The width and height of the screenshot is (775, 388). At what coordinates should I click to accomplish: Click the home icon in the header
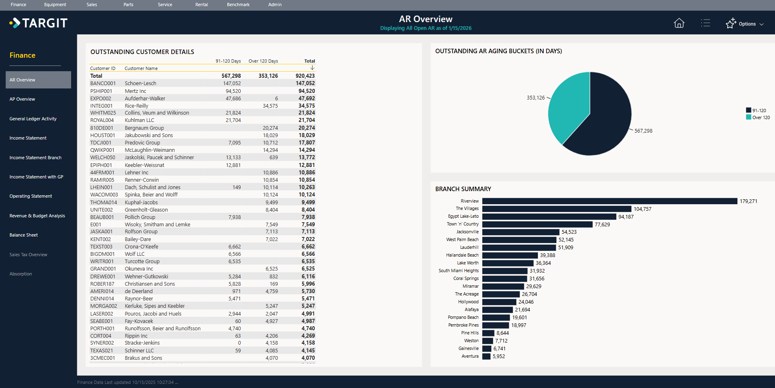pos(679,23)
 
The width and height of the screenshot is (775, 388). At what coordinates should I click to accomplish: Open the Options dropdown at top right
pos(745,24)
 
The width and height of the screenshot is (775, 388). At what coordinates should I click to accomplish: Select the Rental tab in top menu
pos(202,5)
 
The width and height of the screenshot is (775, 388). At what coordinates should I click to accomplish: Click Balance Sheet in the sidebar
pos(24,235)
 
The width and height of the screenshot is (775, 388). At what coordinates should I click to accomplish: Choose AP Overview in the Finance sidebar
pos(22,99)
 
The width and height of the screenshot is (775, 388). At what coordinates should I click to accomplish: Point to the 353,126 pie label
pos(535,98)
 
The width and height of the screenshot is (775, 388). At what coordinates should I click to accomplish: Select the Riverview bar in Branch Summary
pos(609,201)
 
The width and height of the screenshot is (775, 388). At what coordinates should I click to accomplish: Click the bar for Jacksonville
pos(520,232)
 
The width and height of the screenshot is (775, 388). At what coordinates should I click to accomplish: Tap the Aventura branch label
pos(470,356)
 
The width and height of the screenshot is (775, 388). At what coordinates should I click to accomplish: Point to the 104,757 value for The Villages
pos(642,209)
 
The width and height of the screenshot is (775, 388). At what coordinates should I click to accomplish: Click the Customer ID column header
pos(103,68)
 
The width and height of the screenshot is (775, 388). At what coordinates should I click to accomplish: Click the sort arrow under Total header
pos(312,68)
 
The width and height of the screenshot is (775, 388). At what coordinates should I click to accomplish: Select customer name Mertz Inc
pos(135,91)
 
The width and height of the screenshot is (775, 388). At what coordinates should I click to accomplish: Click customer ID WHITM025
pos(103,113)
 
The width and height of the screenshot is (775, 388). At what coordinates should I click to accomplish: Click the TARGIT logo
pos(39,23)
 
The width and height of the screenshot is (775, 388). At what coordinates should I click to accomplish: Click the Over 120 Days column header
pos(263,61)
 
